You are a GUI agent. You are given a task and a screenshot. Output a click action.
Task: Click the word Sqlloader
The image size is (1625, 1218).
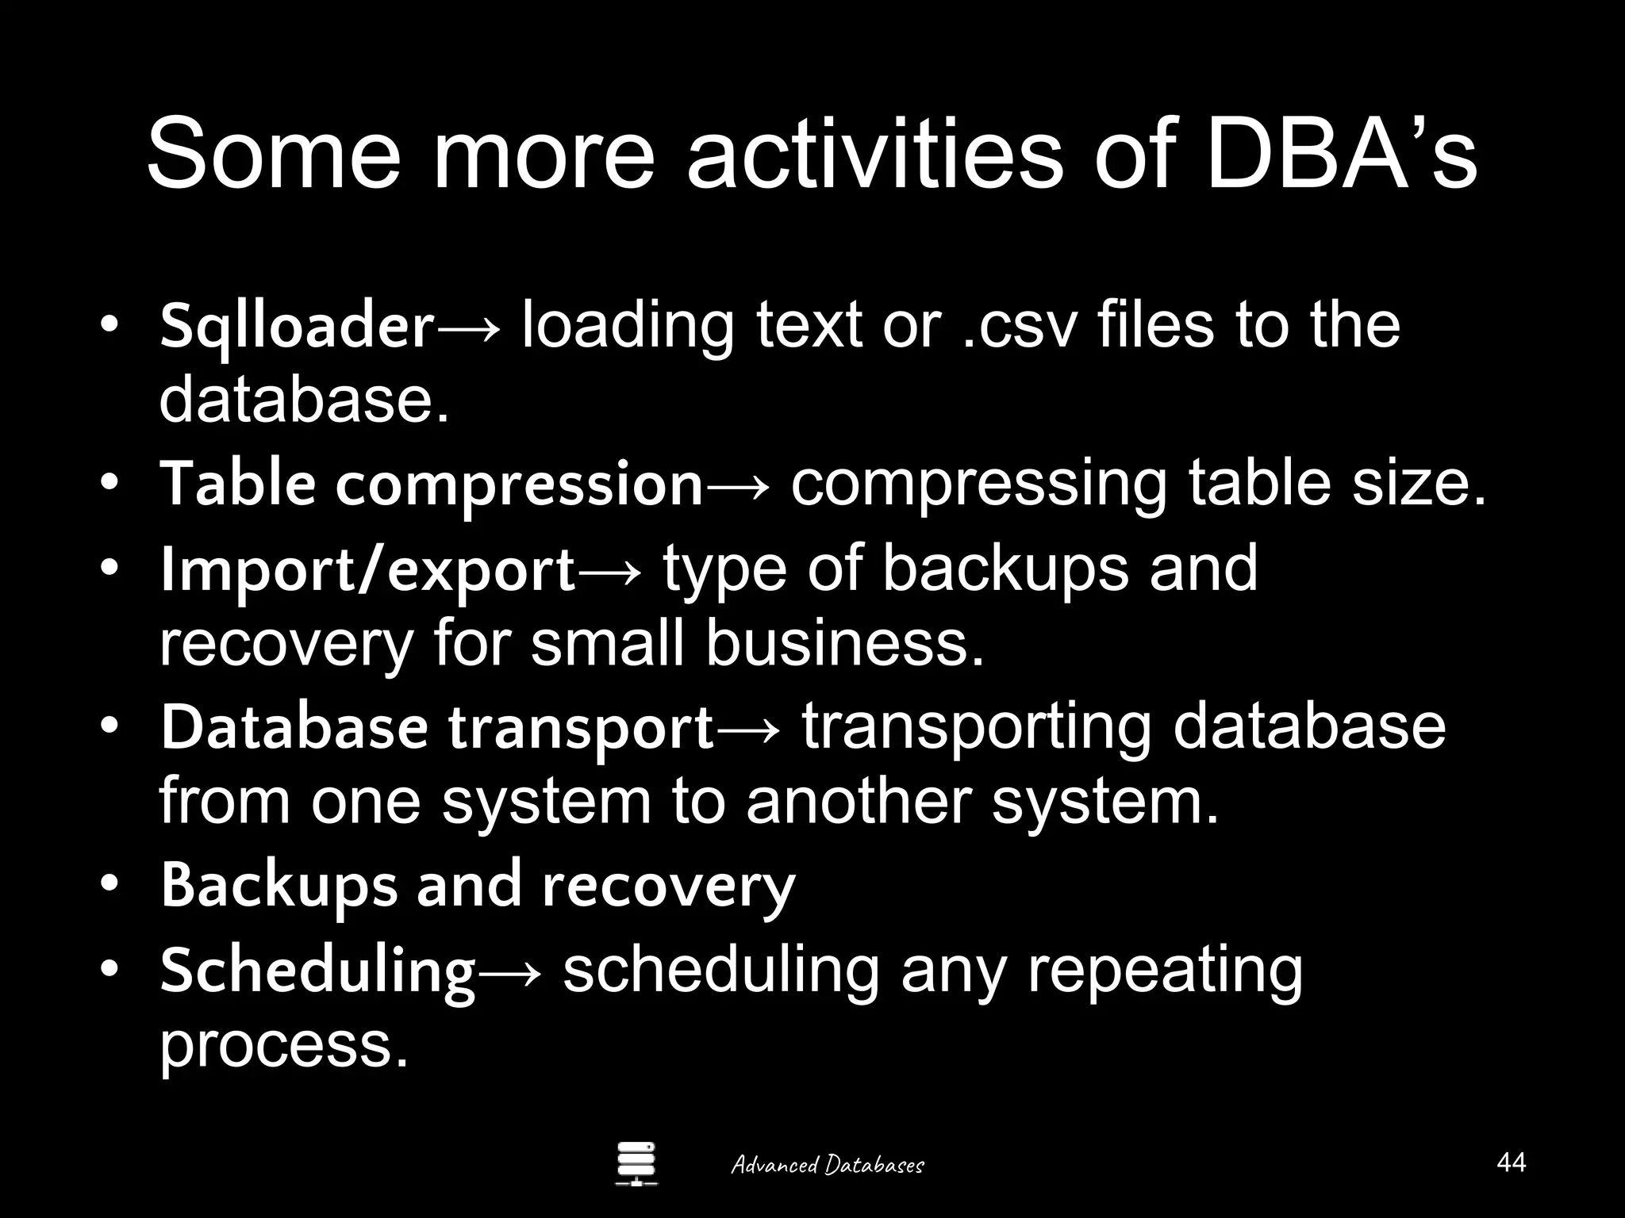tap(297, 327)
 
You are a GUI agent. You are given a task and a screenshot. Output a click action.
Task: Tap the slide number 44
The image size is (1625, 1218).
tap(1511, 1162)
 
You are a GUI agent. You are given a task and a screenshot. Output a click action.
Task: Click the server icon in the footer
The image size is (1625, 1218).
tap(636, 1164)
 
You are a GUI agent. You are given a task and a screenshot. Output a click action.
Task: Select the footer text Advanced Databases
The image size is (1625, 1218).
tap(827, 1165)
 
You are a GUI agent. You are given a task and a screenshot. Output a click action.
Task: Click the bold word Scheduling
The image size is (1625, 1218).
tap(317, 971)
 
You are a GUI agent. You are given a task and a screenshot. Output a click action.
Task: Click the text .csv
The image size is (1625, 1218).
tap(1018, 327)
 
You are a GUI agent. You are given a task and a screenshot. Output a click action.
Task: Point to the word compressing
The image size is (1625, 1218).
tap(978, 485)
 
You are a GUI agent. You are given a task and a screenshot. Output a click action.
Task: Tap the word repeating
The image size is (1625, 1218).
tap(1165, 971)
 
